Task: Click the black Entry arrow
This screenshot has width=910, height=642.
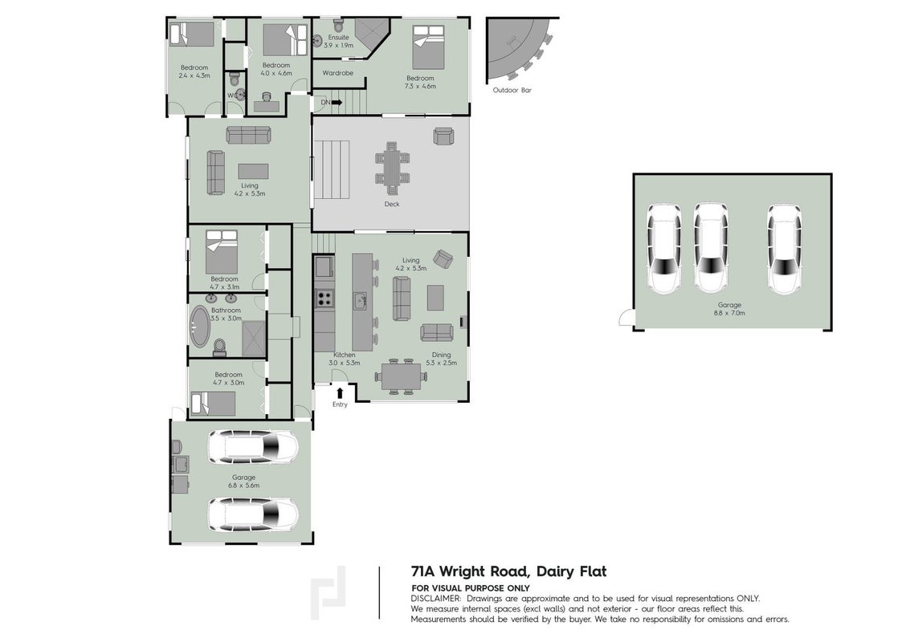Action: [x=340, y=393]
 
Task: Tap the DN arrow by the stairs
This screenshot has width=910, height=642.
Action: [x=337, y=103]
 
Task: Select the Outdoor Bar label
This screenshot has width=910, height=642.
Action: [x=512, y=91]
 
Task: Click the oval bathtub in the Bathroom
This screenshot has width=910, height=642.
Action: [x=200, y=327]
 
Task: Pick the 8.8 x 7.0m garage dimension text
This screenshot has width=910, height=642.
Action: [x=729, y=313]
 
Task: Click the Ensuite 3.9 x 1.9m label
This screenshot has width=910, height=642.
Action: [x=338, y=41]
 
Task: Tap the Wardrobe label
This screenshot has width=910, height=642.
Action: [x=338, y=73]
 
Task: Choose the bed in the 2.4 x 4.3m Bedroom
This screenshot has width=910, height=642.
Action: [x=191, y=34]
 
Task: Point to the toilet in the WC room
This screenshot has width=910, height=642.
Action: [x=234, y=78]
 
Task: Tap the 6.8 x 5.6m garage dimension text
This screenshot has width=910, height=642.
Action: [x=243, y=486]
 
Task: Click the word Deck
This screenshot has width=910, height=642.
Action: [x=392, y=204]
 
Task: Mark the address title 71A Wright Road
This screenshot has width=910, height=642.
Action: [x=470, y=572]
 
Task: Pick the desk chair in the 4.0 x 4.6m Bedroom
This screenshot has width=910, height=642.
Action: [x=267, y=97]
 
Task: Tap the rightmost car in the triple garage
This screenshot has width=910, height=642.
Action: [x=785, y=249]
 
